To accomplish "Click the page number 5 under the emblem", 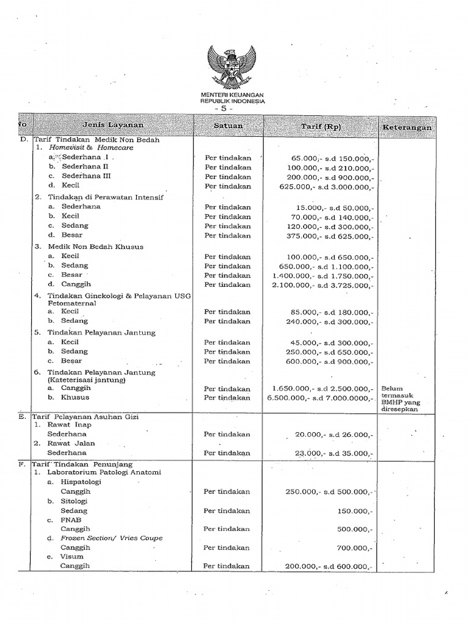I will pyautogui.click(x=233, y=108).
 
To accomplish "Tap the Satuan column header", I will pyautogui.click(x=228, y=126).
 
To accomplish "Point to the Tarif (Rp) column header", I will pyautogui.click(x=321, y=126).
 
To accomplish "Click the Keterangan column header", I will pyautogui.click(x=407, y=128).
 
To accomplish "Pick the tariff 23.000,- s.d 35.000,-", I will pyautogui.click(x=333, y=453).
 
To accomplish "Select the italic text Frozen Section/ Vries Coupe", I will pyautogui.click(x=111, y=538).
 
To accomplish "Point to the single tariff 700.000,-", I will pyautogui.click(x=356, y=548).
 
